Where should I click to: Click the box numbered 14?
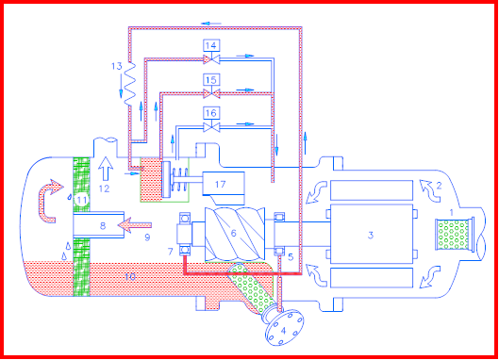211,45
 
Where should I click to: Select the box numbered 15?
211,80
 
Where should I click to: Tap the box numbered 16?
211,112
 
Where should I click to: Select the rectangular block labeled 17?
219,181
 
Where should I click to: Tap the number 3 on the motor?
370,234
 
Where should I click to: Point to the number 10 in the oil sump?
132,275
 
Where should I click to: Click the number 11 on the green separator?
82,201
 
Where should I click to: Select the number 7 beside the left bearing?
169,250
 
